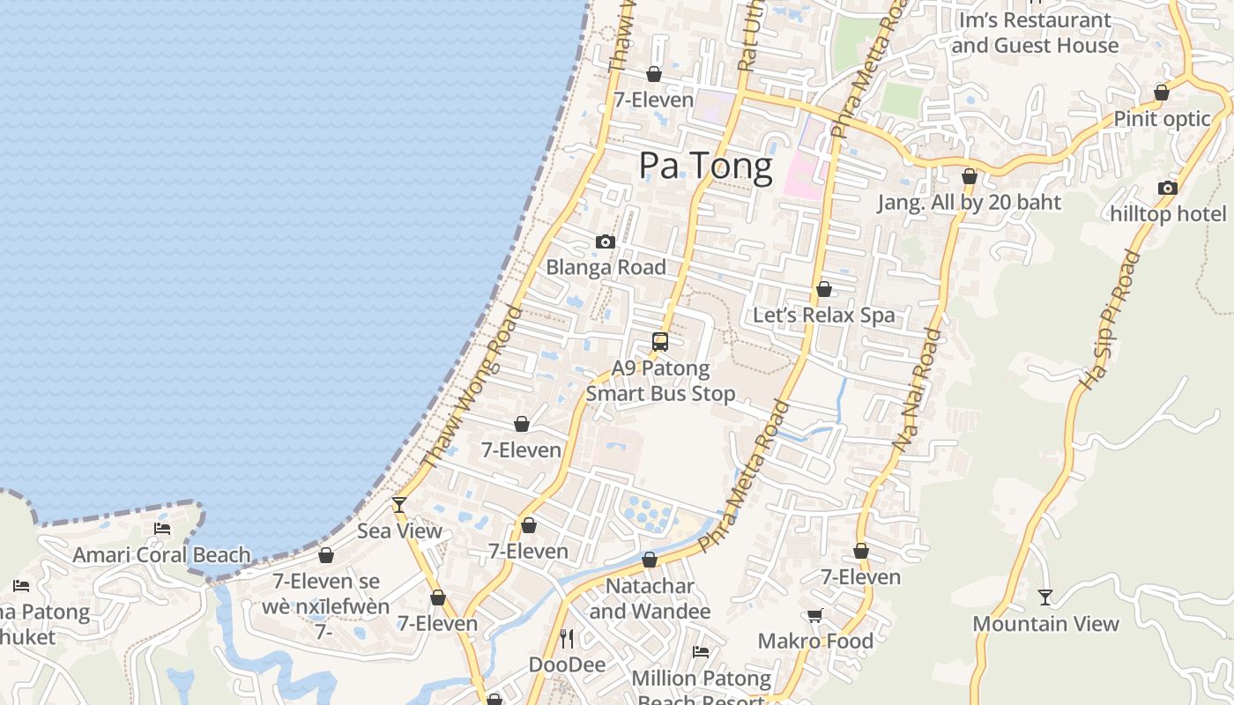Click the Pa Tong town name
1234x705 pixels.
pos(705,166)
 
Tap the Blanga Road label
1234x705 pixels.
pos(606,267)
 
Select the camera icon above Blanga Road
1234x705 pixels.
pos(606,241)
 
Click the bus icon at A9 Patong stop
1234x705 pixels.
pos(660,342)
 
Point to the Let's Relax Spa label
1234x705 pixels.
pos(823,315)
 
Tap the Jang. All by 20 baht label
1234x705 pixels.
pos(969,202)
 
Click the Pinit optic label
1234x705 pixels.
pos(1162,118)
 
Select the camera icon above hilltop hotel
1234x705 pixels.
pos(1168,188)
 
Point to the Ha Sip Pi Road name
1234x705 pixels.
pos(1110,321)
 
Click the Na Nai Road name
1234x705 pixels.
pos(918,391)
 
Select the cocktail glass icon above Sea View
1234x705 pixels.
pos(399,505)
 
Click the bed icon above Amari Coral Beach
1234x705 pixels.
pos(162,529)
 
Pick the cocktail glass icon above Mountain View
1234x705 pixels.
pos(1045,597)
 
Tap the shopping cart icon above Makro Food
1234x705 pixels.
pos(815,615)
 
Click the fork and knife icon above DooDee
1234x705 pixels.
pos(567,638)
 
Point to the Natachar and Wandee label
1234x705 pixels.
pos(650,598)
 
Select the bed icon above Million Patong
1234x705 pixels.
pos(701,652)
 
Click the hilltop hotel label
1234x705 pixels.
pos(1168,213)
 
